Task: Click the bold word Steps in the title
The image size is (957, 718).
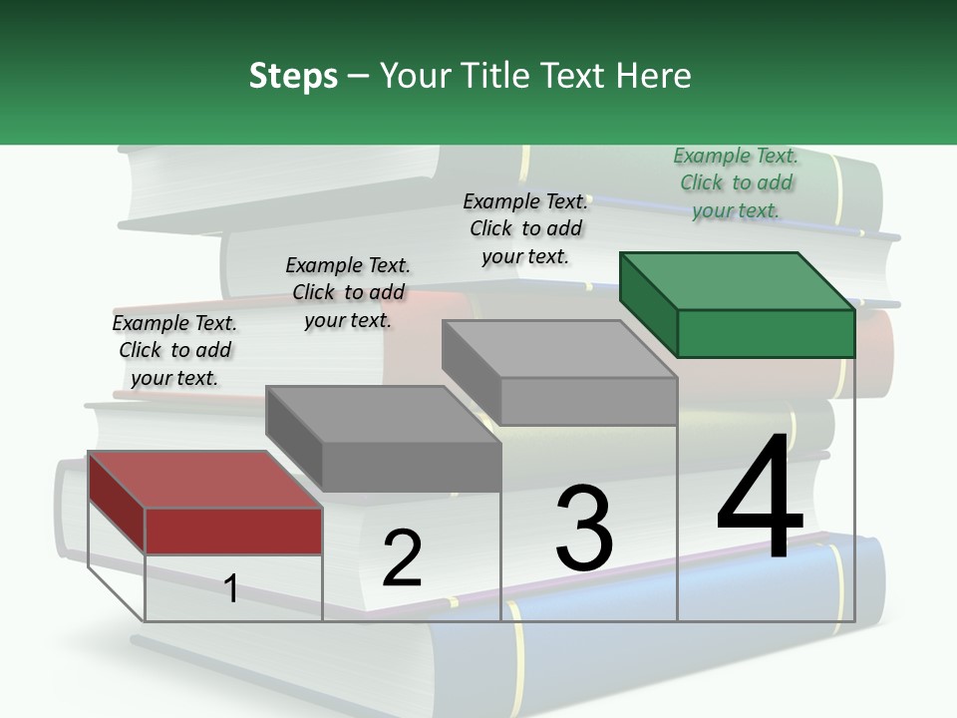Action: (293, 77)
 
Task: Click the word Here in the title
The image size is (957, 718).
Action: (653, 76)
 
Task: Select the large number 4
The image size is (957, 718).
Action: (760, 498)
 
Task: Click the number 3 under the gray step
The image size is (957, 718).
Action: (584, 528)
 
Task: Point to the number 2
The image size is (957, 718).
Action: (402, 557)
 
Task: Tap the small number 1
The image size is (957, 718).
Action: (231, 589)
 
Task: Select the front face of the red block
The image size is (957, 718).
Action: (233, 531)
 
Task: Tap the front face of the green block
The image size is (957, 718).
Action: (766, 333)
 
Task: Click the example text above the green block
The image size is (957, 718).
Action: (737, 183)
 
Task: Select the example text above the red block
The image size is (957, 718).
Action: (174, 351)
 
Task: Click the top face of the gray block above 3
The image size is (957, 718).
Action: (559, 348)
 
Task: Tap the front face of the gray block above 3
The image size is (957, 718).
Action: (588, 401)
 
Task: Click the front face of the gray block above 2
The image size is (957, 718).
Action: (411, 467)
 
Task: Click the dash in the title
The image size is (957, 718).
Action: (359, 77)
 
